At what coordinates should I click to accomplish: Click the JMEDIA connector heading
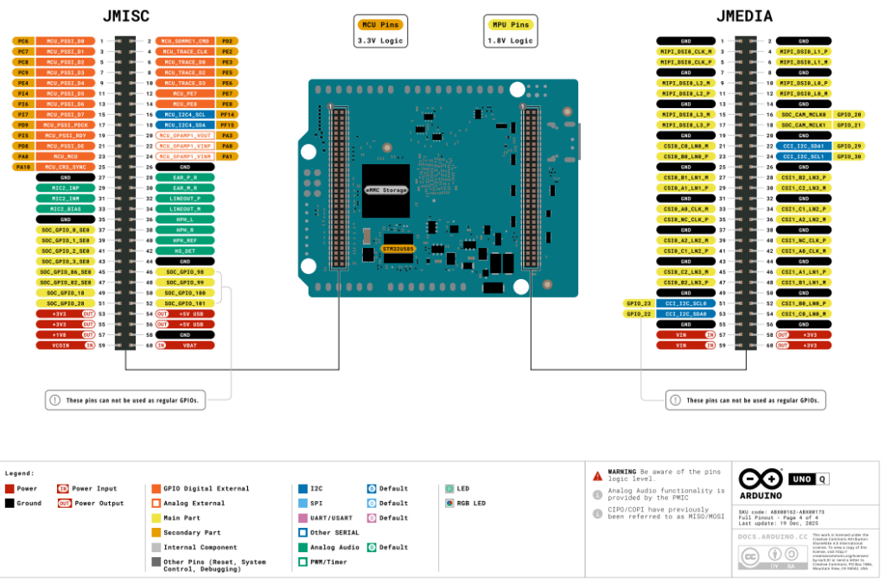coord(744,16)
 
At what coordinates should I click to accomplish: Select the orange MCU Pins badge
coord(379,24)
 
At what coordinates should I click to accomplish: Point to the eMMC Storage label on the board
coord(385,189)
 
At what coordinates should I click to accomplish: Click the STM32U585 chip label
coord(398,248)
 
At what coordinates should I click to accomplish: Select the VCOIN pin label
coord(60,345)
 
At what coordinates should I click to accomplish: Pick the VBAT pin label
coord(190,345)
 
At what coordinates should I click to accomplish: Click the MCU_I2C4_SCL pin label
coord(185,114)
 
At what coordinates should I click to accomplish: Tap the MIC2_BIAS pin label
coord(66,208)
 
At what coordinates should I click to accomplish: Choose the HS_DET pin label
coord(185,251)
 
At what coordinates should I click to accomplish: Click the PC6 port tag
coord(23,41)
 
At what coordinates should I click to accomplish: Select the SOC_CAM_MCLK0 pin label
coord(804,114)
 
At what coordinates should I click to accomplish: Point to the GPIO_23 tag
coord(637,303)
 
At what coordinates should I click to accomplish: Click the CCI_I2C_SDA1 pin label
coord(804,146)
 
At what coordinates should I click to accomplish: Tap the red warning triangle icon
coord(597,475)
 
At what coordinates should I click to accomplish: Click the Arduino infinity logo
coord(758,479)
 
